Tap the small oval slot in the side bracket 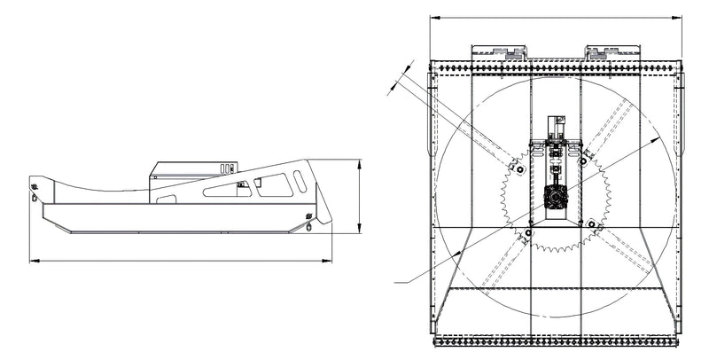[300, 182]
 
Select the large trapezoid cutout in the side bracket [275, 184]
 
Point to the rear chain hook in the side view [35, 190]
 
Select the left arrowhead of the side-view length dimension [32, 261]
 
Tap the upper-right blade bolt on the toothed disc [584, 161]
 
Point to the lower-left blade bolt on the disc [528, 233]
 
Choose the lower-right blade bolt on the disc [588, 225]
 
